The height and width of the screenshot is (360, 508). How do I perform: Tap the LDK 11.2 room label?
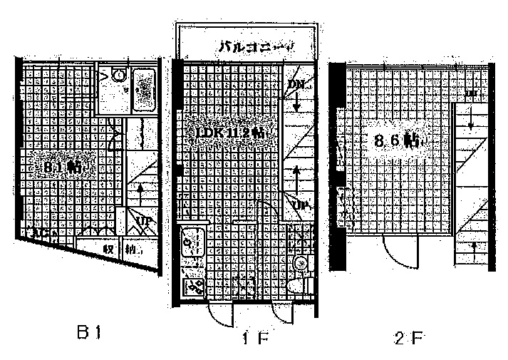coord(227,133)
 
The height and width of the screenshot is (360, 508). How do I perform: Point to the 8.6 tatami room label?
coord(397,140)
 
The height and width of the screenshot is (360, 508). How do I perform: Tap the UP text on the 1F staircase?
coord(299,207)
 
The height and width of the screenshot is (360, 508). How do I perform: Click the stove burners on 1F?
coord(194,287)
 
